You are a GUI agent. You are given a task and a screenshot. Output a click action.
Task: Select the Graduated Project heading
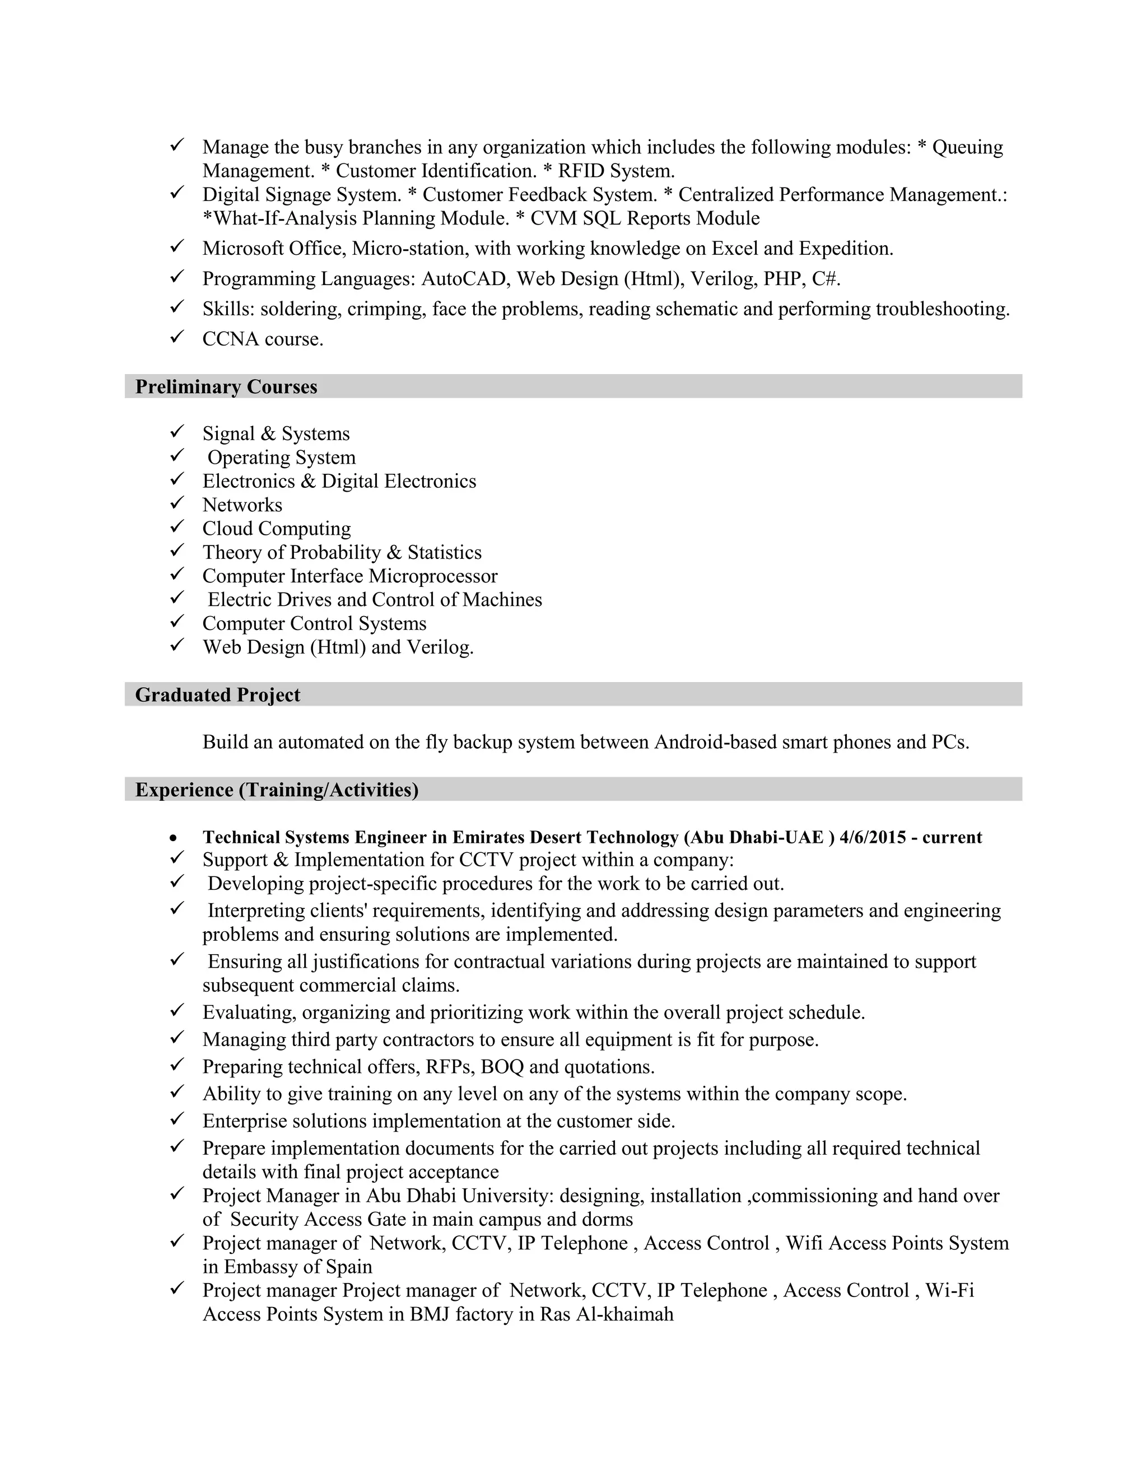[217, 694]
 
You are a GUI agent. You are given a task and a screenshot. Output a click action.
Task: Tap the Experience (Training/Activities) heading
[277, 790]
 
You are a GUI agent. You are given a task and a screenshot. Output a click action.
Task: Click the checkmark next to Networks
[178, 503]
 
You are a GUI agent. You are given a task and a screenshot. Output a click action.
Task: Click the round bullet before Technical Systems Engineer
[176, 838]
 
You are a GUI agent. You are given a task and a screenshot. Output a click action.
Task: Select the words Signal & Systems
[276, 433]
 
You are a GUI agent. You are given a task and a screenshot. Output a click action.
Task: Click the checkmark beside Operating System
[178, 455]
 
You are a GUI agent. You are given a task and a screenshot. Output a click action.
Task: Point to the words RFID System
[616, 171]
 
